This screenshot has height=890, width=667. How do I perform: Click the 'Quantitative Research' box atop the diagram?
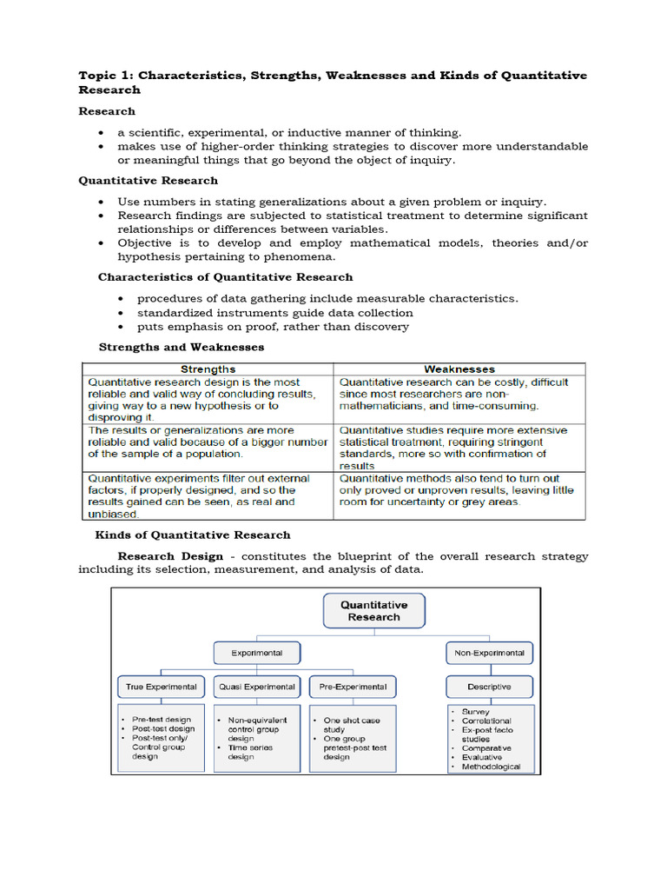pos(374,610)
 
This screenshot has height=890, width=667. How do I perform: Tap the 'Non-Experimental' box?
pos(489,652)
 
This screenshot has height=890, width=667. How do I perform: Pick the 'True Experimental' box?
pos(161,687)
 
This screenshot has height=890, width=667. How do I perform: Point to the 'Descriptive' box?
pos(489,687)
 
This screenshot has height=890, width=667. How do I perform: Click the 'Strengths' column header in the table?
pos(208,369)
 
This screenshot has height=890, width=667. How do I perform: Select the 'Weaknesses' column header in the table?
pos(459,369)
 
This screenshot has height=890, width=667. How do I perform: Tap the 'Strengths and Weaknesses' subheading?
pos(181,347)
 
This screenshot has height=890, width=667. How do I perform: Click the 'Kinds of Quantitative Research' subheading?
pos(192,535)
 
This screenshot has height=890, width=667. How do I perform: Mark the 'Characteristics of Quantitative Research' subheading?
pos(225,277)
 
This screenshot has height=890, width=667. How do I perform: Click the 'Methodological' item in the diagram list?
pos(491,767)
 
